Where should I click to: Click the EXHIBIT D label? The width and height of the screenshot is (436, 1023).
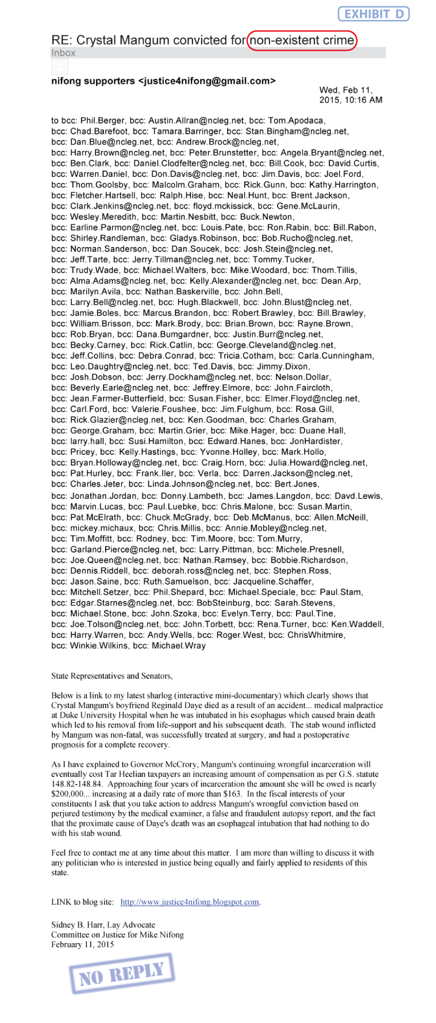click(x=374, y=14)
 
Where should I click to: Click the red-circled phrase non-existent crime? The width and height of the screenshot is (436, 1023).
click(x=302, y=40)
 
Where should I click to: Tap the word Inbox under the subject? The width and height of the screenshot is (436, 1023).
click(x=63, y=53)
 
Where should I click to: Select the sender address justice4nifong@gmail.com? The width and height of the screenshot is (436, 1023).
click(x=207, y=81)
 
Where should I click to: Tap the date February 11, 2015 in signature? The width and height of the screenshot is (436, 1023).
click(x=83, y=945)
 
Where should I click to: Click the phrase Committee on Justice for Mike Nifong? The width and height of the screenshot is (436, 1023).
click(x=118, y=935)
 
